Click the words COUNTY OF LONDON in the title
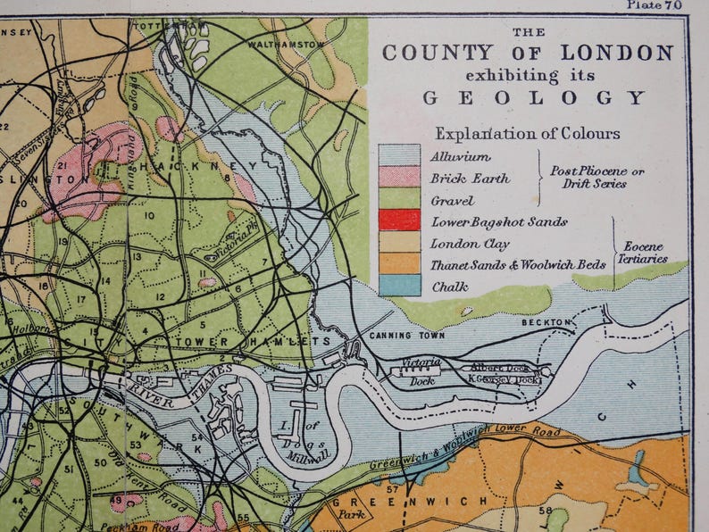coord(528,53)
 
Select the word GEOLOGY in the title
coord(533,97)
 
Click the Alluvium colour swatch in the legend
coord(399,156)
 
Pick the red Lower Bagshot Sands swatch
coord(399,220)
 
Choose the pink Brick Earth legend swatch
coord(399,178)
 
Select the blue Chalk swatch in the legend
coord(399,286)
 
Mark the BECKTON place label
coord(546,321)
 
